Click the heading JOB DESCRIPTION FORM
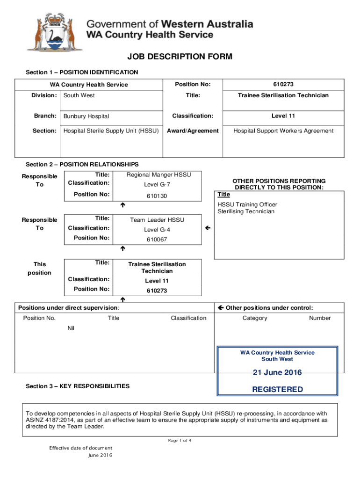point(180,57)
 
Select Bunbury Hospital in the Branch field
point(86,116)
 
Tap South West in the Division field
point(79,95)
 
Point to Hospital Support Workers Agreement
point(283,131)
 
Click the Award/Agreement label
point(193,131)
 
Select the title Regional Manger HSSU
point(158,175)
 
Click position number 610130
point(157,196)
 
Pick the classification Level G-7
point(157,185)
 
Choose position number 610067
point(157,239)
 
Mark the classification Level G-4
point(157,230)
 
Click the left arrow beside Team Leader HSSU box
point(208,228)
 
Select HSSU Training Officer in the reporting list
point(247,205)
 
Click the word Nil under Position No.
point(71,328)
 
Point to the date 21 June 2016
point(277,373)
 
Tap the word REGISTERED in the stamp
point(277,390)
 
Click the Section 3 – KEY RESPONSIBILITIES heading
point(78,386)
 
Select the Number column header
point(319,318)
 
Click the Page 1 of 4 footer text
point(180,441)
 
